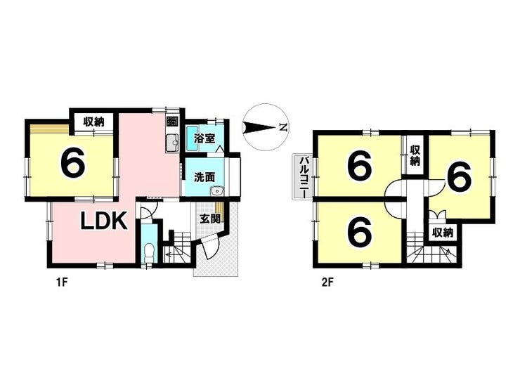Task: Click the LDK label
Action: click(x=104, y=221)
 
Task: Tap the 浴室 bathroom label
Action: click(x=204, y=138)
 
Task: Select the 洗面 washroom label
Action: click(x=204, y=177)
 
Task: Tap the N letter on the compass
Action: click(x=282, y=127)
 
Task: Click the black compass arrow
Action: click(x=260, y=128)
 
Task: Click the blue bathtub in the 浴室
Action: click(x=190, y=138)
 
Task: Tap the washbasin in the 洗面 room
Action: click(x=218, y=191)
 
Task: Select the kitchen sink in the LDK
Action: click(x=172, y=143)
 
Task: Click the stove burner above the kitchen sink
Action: click(x=172, y=122)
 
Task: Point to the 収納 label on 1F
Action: click(x=94, y=122)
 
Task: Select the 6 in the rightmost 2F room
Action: click(x=459, y=176)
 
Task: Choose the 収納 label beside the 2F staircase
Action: click(x=443, y=233)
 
